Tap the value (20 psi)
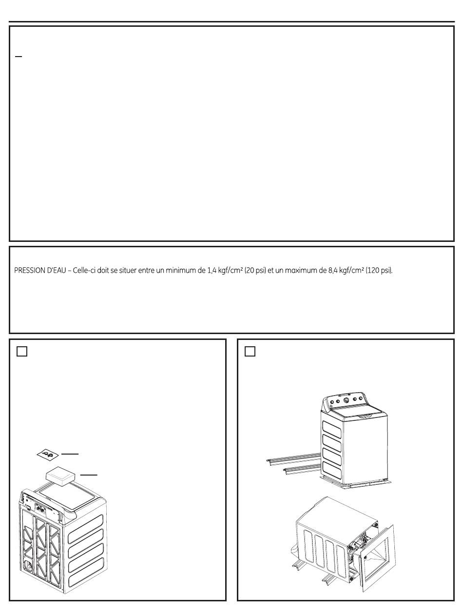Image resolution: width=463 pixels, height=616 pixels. click(x=255, y=271)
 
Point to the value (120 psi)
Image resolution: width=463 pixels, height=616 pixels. click(x=379, y=271)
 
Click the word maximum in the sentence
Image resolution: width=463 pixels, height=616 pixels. click(x=299, y=271)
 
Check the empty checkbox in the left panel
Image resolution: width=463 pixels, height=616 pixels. click(x=22, y=352)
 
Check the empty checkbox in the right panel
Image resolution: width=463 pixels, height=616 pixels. click(x=250, y=352)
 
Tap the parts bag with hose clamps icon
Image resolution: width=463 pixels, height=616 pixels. click(x=48, y=455)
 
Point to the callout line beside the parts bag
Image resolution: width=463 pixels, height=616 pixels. click(x=70, y=454)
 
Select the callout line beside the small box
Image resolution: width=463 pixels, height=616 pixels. click(x=89, y=475)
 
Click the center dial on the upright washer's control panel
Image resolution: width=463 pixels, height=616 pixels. click(x=347, y=400)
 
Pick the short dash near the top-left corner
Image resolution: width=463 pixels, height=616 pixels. click(x=18, y=57)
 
